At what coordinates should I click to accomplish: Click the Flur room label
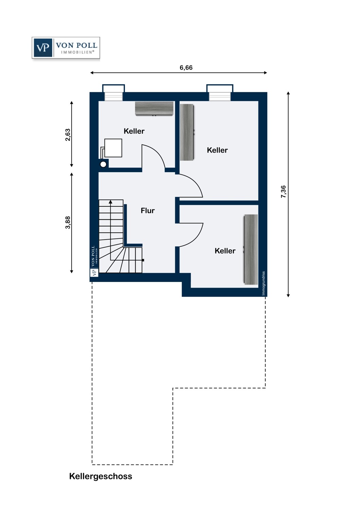(148, 211)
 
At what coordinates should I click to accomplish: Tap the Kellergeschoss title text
(101, 476)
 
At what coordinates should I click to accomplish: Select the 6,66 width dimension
(186, 68)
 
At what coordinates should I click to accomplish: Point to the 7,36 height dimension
(283, 192)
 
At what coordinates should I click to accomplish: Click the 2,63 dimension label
(68, 135)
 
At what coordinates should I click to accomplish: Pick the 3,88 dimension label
(68, 222)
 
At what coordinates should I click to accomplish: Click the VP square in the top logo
(43, 48)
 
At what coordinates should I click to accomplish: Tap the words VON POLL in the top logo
(77, 45)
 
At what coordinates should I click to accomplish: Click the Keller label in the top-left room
(134, 131)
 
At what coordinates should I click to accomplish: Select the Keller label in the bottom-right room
(225, 251)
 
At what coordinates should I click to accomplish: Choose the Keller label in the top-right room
(217, 150)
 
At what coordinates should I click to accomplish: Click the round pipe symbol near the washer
(103, 164)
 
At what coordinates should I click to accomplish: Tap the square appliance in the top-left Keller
(113, 148)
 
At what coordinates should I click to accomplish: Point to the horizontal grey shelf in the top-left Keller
(154, 108)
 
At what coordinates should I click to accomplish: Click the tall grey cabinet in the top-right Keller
(187, 132)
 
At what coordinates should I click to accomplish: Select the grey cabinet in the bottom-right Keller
(251, 249)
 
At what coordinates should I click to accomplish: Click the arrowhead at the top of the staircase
(110, 202)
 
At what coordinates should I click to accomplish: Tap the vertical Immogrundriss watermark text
(263, 283)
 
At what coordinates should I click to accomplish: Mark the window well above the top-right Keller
(220, 93)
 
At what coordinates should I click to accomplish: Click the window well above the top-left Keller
(113, 93)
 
